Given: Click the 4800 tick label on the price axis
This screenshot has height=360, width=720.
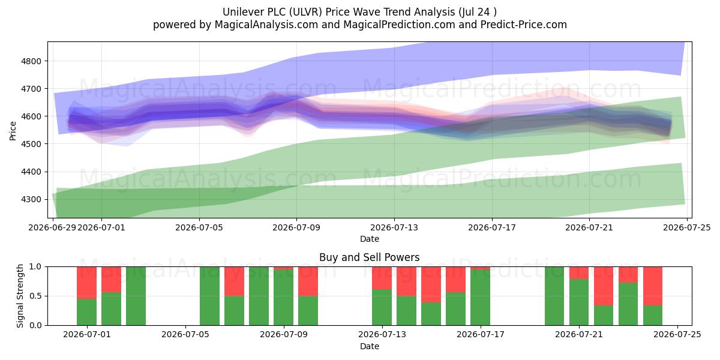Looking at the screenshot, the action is [x=31, y=61].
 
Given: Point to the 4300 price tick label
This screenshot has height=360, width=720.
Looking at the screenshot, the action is [x=31, y=199].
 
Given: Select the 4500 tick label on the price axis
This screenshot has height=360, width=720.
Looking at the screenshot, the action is [x=31, y=144].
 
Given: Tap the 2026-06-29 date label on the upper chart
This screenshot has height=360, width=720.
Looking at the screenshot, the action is [x=52, y=227].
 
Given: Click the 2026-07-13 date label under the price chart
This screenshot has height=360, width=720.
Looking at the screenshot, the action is [x=394, y=227].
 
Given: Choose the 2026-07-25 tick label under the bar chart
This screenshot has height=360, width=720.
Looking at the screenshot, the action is [x=677, y=334].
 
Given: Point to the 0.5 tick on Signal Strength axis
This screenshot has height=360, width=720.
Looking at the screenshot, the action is [x=35, y=296].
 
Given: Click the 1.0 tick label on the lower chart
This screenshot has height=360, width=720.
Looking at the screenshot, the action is [x=35, y=266].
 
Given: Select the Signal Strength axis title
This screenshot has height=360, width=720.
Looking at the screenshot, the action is [x=20, y=296].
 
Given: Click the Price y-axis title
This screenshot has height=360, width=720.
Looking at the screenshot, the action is [x=13, y=131].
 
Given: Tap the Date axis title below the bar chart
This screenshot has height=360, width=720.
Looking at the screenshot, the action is [x=370, y=346].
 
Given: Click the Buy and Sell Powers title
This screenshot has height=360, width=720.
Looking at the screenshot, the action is [x=370, y=257].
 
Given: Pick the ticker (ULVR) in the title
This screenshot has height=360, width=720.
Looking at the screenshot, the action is [x=305, y=12].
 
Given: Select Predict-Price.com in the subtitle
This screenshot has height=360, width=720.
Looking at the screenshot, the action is [x=524, y=25].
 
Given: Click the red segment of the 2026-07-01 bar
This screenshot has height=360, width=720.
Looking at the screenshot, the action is [x=87, y=283].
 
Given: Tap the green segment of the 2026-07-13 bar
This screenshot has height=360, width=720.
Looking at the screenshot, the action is [x=382, y=307].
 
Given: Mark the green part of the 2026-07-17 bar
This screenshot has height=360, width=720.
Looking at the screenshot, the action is [x=480, y=298].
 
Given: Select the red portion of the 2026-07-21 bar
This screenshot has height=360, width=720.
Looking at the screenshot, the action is [x=579, y=273].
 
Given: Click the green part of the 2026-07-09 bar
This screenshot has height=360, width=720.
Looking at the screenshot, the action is [x=283, y=298].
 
